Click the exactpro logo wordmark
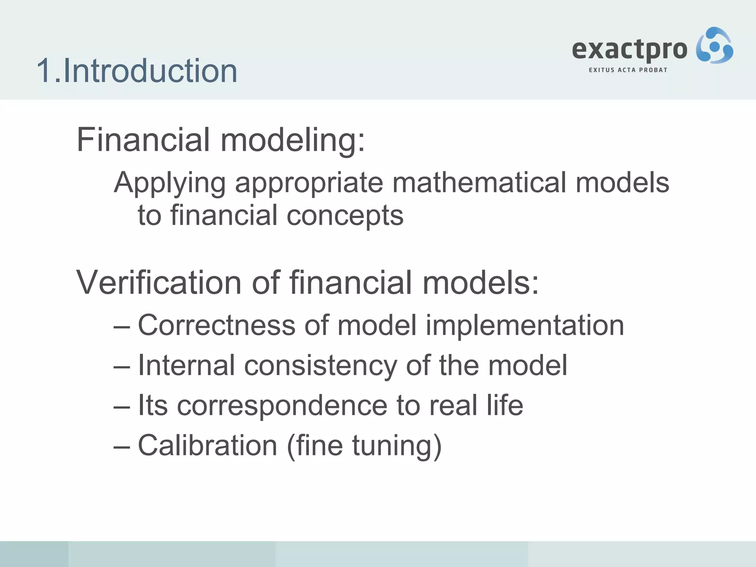click(629, 50)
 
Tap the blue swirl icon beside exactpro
click(714, 46)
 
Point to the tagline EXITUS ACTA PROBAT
click(628, 70)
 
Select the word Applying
click(169, 183)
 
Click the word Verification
click(159, 282)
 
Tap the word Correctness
click(217, 325)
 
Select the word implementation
click(525, 326)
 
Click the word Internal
click(186, 365)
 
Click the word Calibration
click(207, 446)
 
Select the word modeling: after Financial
click(292, 140)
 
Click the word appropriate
click(309, 183)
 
